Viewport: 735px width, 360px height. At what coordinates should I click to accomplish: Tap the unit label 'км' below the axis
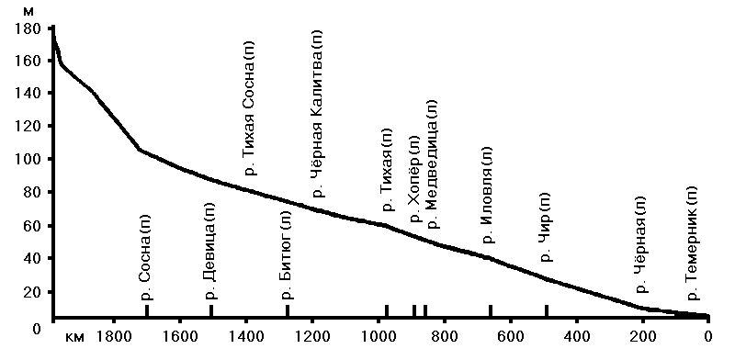75,338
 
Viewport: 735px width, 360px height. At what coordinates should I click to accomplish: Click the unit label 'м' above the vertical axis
28,12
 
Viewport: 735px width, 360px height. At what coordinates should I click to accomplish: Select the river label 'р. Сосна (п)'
147,257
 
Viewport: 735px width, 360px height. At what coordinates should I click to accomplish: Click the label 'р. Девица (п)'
210,252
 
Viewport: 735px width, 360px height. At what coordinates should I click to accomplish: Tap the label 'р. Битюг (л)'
287,255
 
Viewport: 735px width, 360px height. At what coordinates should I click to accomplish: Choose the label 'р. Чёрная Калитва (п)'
318,114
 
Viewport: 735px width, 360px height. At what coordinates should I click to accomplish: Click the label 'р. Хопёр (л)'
415,179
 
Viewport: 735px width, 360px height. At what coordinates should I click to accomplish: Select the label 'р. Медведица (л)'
432,164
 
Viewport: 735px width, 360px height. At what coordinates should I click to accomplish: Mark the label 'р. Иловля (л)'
490,195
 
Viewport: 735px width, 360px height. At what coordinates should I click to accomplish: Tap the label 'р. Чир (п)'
547,227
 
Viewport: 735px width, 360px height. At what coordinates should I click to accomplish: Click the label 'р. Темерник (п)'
693,243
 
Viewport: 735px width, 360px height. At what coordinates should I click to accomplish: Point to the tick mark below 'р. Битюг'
288,310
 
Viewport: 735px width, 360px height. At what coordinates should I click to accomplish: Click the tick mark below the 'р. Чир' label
547,310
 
